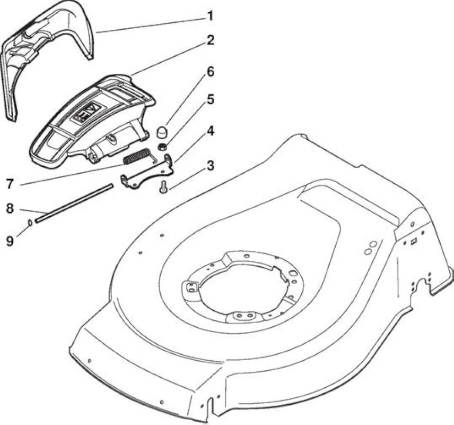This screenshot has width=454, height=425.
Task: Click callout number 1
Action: tap(210, 16)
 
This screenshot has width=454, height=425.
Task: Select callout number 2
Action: tap(210, 40)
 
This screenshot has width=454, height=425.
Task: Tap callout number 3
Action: tap(211, 166)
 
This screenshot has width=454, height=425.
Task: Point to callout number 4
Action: tap(211, 131)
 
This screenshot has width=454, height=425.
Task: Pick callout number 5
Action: tap(211, 99)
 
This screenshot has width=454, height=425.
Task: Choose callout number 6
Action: tap(210, 72)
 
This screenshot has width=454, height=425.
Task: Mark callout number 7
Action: tap(10, 184)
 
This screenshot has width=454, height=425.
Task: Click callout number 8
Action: tap(10, 208)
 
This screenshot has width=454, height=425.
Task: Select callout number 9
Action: tap(10, 241)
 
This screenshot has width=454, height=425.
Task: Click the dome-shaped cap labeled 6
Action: tap(162, 132)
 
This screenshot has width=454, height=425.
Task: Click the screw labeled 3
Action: tap(162, 185)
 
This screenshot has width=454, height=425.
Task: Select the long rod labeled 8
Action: tap(74, 202)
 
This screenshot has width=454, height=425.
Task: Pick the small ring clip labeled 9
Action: tap(30, 223)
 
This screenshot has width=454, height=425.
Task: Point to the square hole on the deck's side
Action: tap(414, 241)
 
